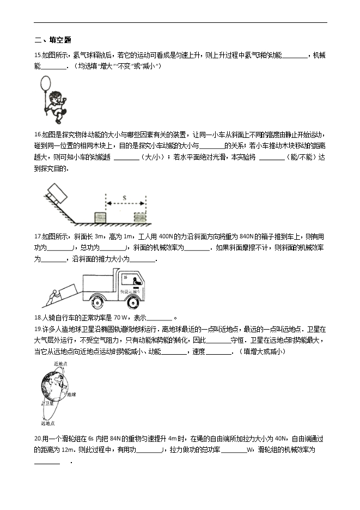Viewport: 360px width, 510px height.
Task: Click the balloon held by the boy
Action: (46, 84)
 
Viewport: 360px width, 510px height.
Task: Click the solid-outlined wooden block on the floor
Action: (102, 217)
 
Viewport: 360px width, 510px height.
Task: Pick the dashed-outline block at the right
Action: (140, 217)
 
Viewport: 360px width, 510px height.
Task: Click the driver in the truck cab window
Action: (135, 282)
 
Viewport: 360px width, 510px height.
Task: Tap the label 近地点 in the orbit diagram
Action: (60, 363)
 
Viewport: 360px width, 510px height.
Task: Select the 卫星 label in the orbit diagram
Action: (49, 404)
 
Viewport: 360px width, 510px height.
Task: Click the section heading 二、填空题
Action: (53, 40)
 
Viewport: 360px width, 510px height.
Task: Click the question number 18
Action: (38, 318)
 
